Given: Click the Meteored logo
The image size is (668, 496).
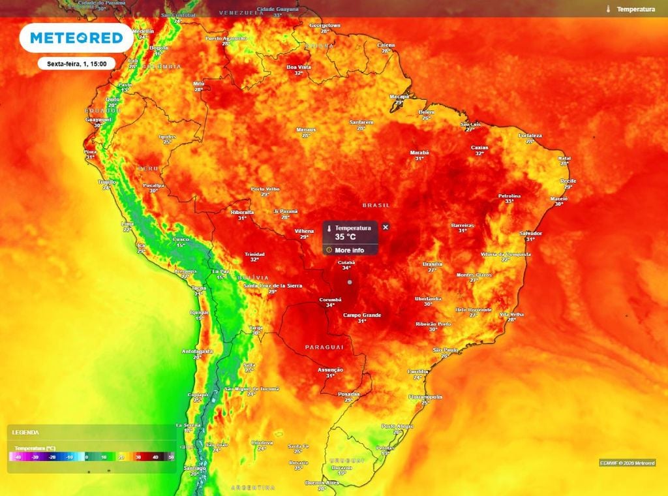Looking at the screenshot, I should [x=76, y=38].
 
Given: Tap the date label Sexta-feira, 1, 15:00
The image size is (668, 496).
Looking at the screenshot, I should [x=77, y=64].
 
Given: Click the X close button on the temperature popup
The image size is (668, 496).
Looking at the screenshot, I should [x=386, y=227].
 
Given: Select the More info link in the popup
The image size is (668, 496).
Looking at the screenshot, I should [x=349, y=250].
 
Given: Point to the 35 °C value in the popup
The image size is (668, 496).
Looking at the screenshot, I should [x=345, y=238].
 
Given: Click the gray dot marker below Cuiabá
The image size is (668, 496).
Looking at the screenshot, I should [x=350, y=282].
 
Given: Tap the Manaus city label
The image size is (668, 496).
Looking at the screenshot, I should [x=305, y=129].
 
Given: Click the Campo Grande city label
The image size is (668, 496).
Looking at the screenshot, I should [x=361, y=315].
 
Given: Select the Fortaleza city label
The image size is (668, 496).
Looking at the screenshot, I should [x=530, y=135].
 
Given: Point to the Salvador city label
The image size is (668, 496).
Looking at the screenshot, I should [x=530, y=233].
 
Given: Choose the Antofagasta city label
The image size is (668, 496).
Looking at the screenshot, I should [x=197, y=351].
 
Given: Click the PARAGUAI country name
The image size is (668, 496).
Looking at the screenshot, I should [x=324, y=347].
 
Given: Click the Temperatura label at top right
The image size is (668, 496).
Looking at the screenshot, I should [x=635, y=9].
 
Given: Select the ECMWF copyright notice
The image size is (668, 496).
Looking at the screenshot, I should [x=627, y=463].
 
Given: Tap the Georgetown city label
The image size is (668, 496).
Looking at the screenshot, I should [x=325, y=25].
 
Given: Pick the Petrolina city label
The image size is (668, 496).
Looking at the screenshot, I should [x=509, y=195].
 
